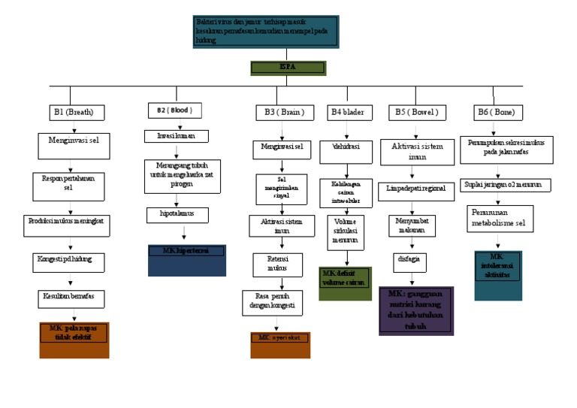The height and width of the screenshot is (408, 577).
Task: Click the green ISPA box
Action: click(288, 68)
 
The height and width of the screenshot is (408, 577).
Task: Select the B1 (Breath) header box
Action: click(73, 113)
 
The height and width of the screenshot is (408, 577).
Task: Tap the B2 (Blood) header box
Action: click(175, 110)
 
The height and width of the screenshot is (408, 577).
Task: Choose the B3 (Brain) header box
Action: click(279, 113)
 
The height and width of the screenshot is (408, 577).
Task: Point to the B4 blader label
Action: click(348, 113)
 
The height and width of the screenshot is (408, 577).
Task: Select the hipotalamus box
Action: click(177, 215)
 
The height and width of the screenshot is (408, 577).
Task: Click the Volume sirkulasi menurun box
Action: click(346, 233)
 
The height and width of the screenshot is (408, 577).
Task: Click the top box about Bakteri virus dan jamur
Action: click(265, 32)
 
